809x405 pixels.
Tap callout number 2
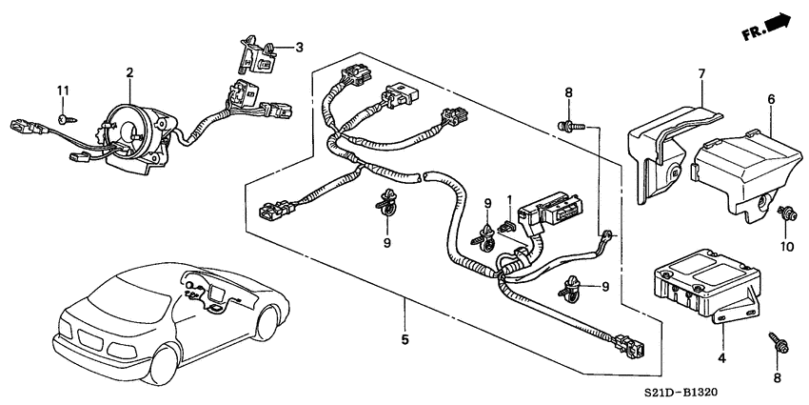click(x=129, y=72)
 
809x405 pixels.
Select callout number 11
click(x=63, y=91)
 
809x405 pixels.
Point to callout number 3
click(x=299, y=48)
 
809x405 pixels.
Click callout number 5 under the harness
click(x=405, y=340)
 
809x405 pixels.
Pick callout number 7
click(x=701, y=74)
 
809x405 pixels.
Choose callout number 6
click(x=771, y=99)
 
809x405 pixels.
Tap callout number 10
click(x=786, y=247)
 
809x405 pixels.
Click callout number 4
click(x=721, y=357)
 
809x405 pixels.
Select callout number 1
click(x=510, y=199)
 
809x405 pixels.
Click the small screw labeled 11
click(x=67, y=120)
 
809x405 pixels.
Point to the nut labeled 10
click(x=785, y=212)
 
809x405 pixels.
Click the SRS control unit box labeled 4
click(x=703, y=286)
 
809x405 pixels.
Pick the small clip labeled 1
click(x=505, y=227)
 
